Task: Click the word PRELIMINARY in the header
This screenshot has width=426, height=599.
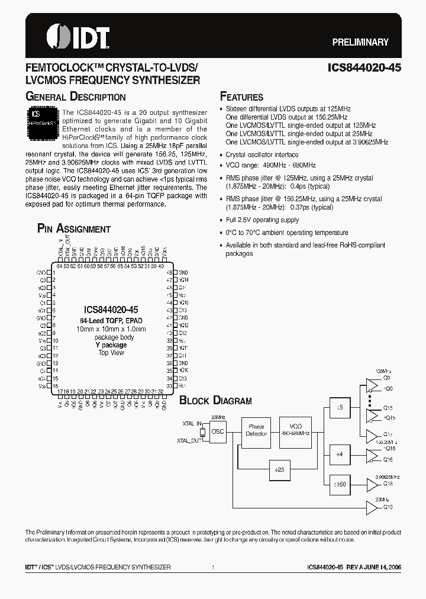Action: coord(360,42)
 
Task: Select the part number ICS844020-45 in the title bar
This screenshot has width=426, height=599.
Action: coord(364,68)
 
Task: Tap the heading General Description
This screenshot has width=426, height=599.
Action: coord(75,97)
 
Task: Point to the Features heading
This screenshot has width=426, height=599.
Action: coord(241,97)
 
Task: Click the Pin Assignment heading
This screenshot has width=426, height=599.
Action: coord(74,229)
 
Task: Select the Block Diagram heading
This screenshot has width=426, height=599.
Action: coord(215,401)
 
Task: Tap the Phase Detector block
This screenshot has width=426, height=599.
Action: coord(256,430)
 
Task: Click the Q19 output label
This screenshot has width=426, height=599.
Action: coord(388,507)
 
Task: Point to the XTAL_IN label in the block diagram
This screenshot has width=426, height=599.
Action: coord(192,424)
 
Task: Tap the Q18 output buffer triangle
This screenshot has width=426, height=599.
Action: coord(372,485)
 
